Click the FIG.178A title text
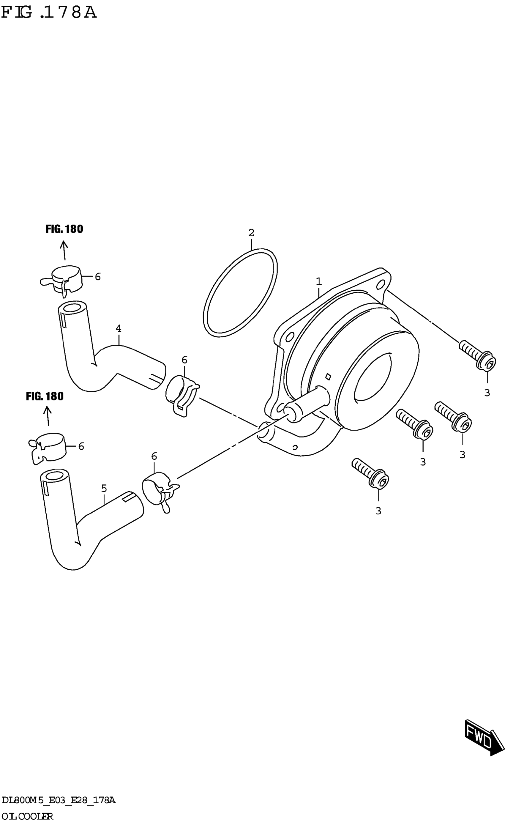click(49, 13)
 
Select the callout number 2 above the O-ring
click(251, 233)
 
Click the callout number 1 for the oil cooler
click(319, 281)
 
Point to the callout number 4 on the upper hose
click(118, 328)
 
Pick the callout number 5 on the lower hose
click(104, 489)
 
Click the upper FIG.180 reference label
click(64, 229)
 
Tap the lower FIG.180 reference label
click(45, 396)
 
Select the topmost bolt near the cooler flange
click(476, 355)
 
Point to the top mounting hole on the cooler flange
click(380, 285)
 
